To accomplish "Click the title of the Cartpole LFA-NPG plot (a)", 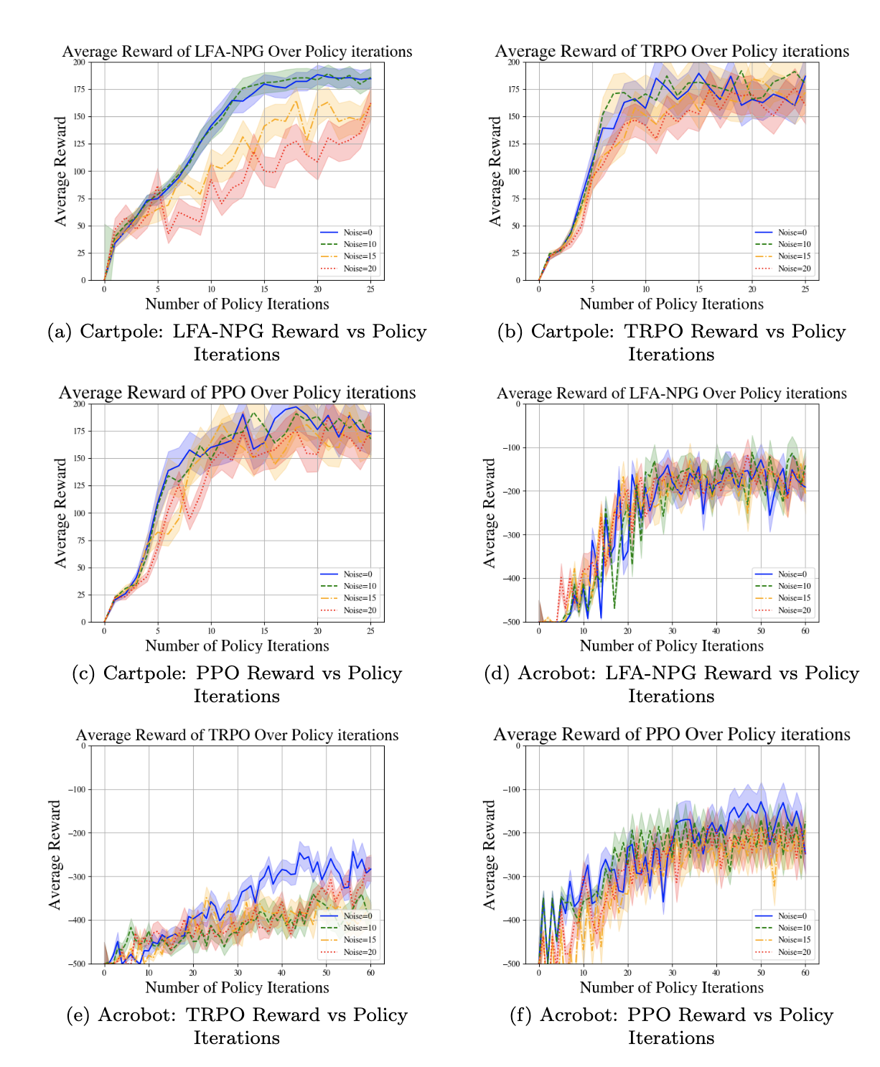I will (237, 52).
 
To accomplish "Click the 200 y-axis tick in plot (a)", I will (78, 62).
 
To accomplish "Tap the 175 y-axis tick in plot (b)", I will (513, 89).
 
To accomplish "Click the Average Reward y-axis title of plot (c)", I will (61, 513).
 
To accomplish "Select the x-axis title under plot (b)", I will (672, 304).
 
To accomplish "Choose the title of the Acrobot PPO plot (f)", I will (672, 735).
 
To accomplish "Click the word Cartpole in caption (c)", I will (144, 674).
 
